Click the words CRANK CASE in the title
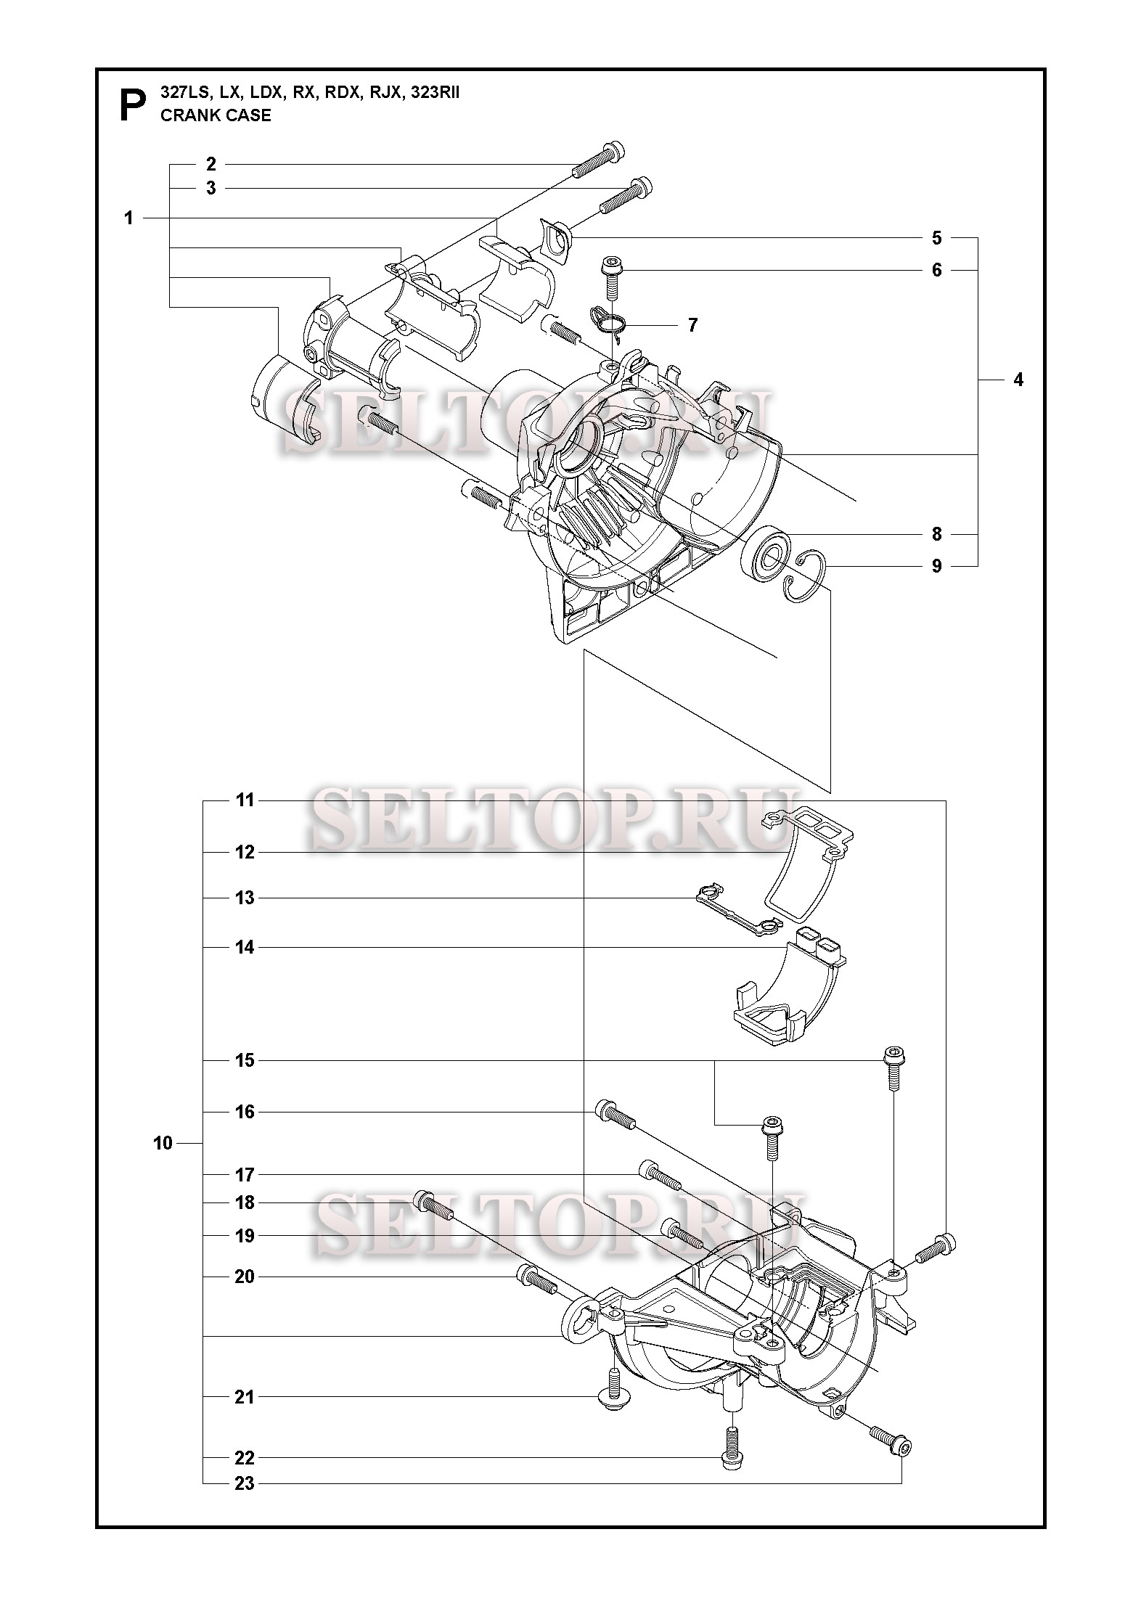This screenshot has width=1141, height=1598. [x=216, y=116]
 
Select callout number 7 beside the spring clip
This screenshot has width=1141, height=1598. [x=692, y=325]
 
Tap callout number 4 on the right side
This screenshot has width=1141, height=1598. [x=1018, y=380]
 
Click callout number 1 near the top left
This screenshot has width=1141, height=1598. [x=129, y=218]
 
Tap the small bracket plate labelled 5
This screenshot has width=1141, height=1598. [x=557, y=239]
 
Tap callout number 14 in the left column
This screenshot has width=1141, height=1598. [x=245, y=947]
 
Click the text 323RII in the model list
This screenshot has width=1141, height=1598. [x=435, y=93]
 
